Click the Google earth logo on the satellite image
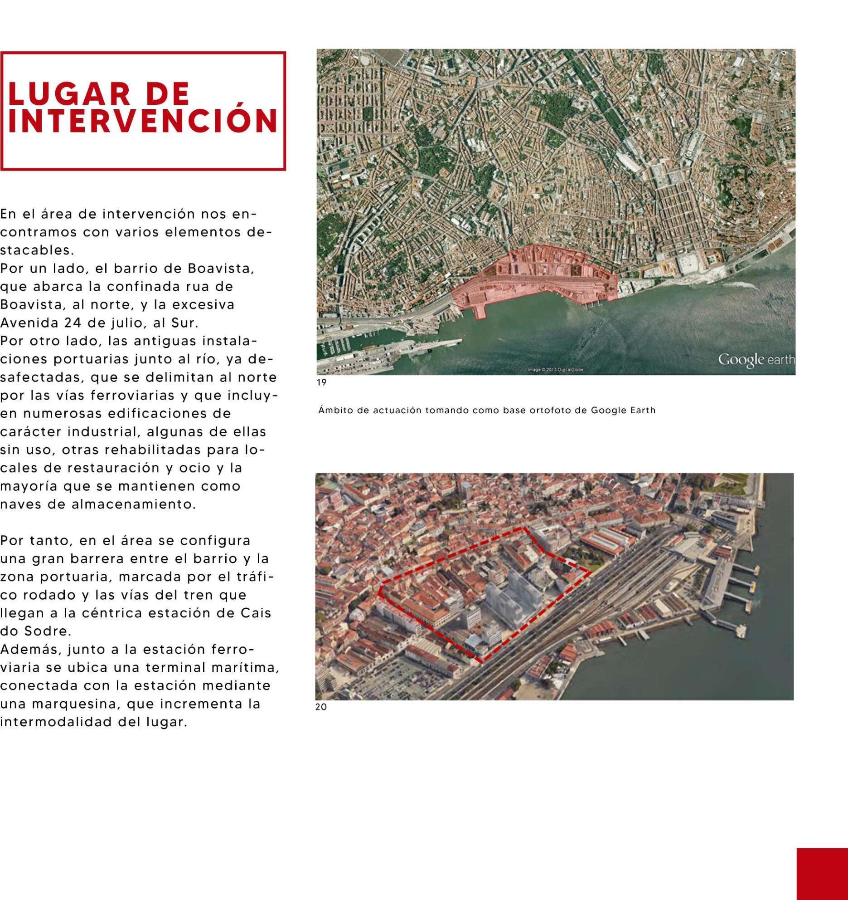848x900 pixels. tap(756, 360)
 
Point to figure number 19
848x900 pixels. tap(321, 382)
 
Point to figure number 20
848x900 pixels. tap(321, 707)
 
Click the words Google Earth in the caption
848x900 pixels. tap(623, 411)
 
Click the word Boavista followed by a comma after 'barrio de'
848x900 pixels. tap(221, 268)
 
